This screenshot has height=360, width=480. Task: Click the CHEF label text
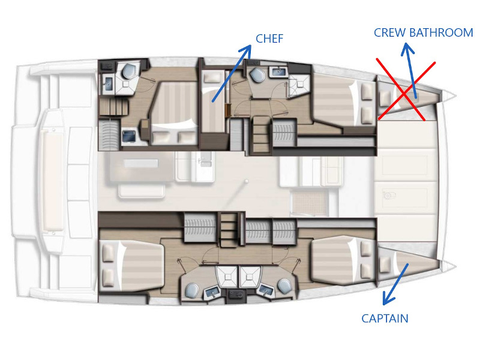tap(269, 38)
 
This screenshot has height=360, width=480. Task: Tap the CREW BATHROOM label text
tap(424, 32)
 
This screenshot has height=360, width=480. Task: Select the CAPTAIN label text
tap(385, 319)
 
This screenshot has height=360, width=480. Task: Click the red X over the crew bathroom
tap(406, 91)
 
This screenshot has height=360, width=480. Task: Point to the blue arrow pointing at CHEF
tap(232, 73)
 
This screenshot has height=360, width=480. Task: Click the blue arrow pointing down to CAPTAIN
tap(395, 284)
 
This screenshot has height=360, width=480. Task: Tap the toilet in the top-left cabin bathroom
tap(128, 71)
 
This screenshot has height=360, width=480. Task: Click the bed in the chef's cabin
tap(214, 101)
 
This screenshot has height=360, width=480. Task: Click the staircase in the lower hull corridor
tap(229, 229)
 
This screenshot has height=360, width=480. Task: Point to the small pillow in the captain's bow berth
tap(385, 264)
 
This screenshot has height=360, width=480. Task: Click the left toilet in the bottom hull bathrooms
tap(193, 290)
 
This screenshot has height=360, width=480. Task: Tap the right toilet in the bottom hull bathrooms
tap(284, 286)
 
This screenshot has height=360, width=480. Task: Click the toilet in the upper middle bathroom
tap(257, 74)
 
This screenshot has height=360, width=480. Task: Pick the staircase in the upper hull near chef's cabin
tap(260, 134)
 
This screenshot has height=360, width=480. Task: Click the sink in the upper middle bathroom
tap(278, 72)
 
